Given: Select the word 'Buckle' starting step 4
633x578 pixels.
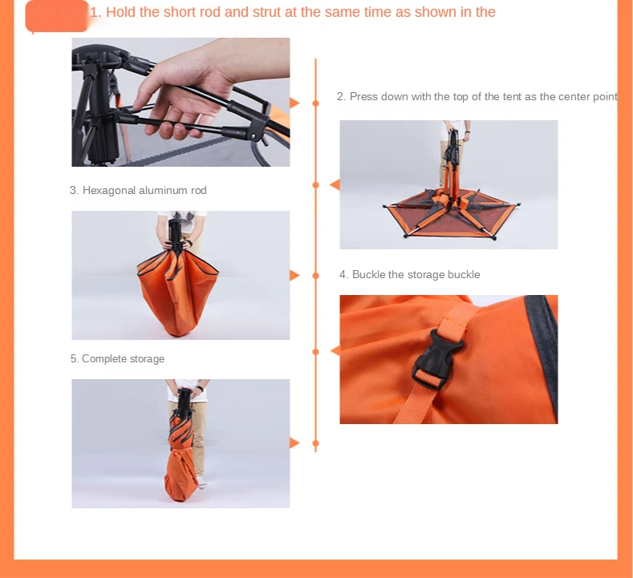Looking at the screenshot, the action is point(368,274).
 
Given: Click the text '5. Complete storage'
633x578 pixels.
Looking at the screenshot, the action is point(117,358).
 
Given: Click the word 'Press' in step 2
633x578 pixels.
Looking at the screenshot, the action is point(363,96).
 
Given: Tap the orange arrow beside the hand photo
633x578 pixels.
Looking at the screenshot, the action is point(294,103).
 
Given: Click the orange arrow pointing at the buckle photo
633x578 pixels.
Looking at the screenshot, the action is point(335,351).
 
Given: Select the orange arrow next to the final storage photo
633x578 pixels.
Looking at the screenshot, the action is point(294,443).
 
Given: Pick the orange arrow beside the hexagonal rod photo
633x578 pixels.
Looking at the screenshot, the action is point(294,276).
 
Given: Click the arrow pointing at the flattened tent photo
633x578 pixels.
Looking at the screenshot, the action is point(335,184).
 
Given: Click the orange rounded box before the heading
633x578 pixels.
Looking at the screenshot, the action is point(57,16).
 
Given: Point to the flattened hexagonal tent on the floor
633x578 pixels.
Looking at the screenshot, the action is point(451,212).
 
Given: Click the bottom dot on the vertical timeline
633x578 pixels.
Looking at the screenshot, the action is point(315,443).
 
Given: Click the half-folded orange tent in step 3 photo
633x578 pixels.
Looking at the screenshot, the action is point(177,293).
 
